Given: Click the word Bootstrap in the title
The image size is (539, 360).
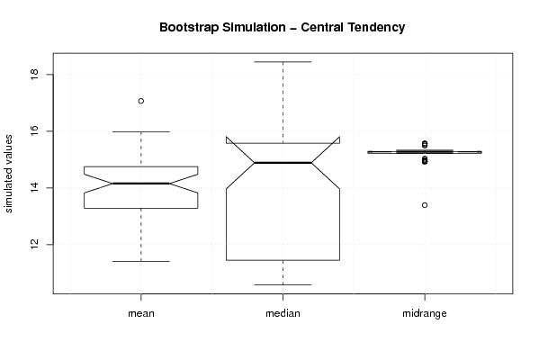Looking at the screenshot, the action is tap(189, 28).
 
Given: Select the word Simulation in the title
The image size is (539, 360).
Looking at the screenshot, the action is tap(254, 27).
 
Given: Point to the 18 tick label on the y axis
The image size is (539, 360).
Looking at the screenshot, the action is tap(34, 75).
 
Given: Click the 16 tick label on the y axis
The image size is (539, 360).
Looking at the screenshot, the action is tap(34, 131).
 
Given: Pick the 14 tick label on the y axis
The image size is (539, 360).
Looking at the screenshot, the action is tap(34, 188).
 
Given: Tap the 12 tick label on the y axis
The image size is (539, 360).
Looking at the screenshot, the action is tap(34, 245).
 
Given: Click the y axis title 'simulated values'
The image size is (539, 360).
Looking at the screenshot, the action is tap(8, 174).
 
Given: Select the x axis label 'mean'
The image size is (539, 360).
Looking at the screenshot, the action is tap(141, 313).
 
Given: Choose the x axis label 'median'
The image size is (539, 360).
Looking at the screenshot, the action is tap(283, 313).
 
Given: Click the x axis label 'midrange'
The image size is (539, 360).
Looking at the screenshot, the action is tap(425, 313).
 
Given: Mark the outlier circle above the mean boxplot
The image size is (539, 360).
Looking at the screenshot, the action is tap(141, 101).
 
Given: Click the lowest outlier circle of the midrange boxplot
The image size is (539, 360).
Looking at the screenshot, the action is tap(425, 205).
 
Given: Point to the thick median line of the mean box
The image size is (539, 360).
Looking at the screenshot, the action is tap(141, 184).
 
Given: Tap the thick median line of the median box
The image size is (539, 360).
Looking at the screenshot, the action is tap(283, 163).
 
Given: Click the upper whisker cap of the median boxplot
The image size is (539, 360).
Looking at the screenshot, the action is tap(283, 62).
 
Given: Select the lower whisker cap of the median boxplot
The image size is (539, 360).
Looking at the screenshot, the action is tap(283, 284).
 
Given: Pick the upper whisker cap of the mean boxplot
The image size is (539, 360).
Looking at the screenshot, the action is tap(141, 131).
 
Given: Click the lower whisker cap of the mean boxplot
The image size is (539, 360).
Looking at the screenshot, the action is tap(141, 261).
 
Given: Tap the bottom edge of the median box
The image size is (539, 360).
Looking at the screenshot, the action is tap(283, 260).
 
